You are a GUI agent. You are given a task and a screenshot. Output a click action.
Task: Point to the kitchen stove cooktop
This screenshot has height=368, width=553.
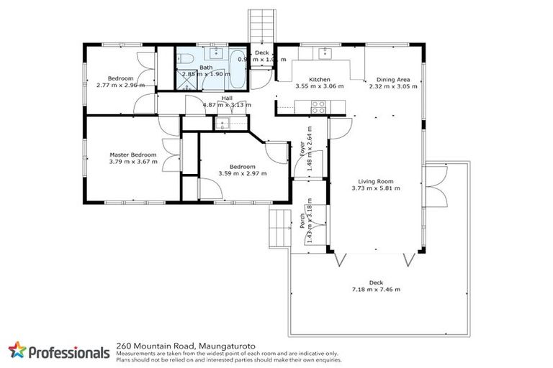[x=318, y=108]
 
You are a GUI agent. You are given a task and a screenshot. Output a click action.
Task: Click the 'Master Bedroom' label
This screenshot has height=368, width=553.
[x=133, y=155]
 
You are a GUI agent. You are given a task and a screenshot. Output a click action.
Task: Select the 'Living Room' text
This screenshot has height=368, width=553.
[x=375, y=181]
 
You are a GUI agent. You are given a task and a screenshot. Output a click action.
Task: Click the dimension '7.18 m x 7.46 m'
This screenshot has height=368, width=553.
[x=375, y=290]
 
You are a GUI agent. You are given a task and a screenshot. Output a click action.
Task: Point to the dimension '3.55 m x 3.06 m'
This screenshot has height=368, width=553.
[x=319, y=86]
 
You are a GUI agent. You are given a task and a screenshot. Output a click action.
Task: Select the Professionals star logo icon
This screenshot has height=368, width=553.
[x=17, y=351]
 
